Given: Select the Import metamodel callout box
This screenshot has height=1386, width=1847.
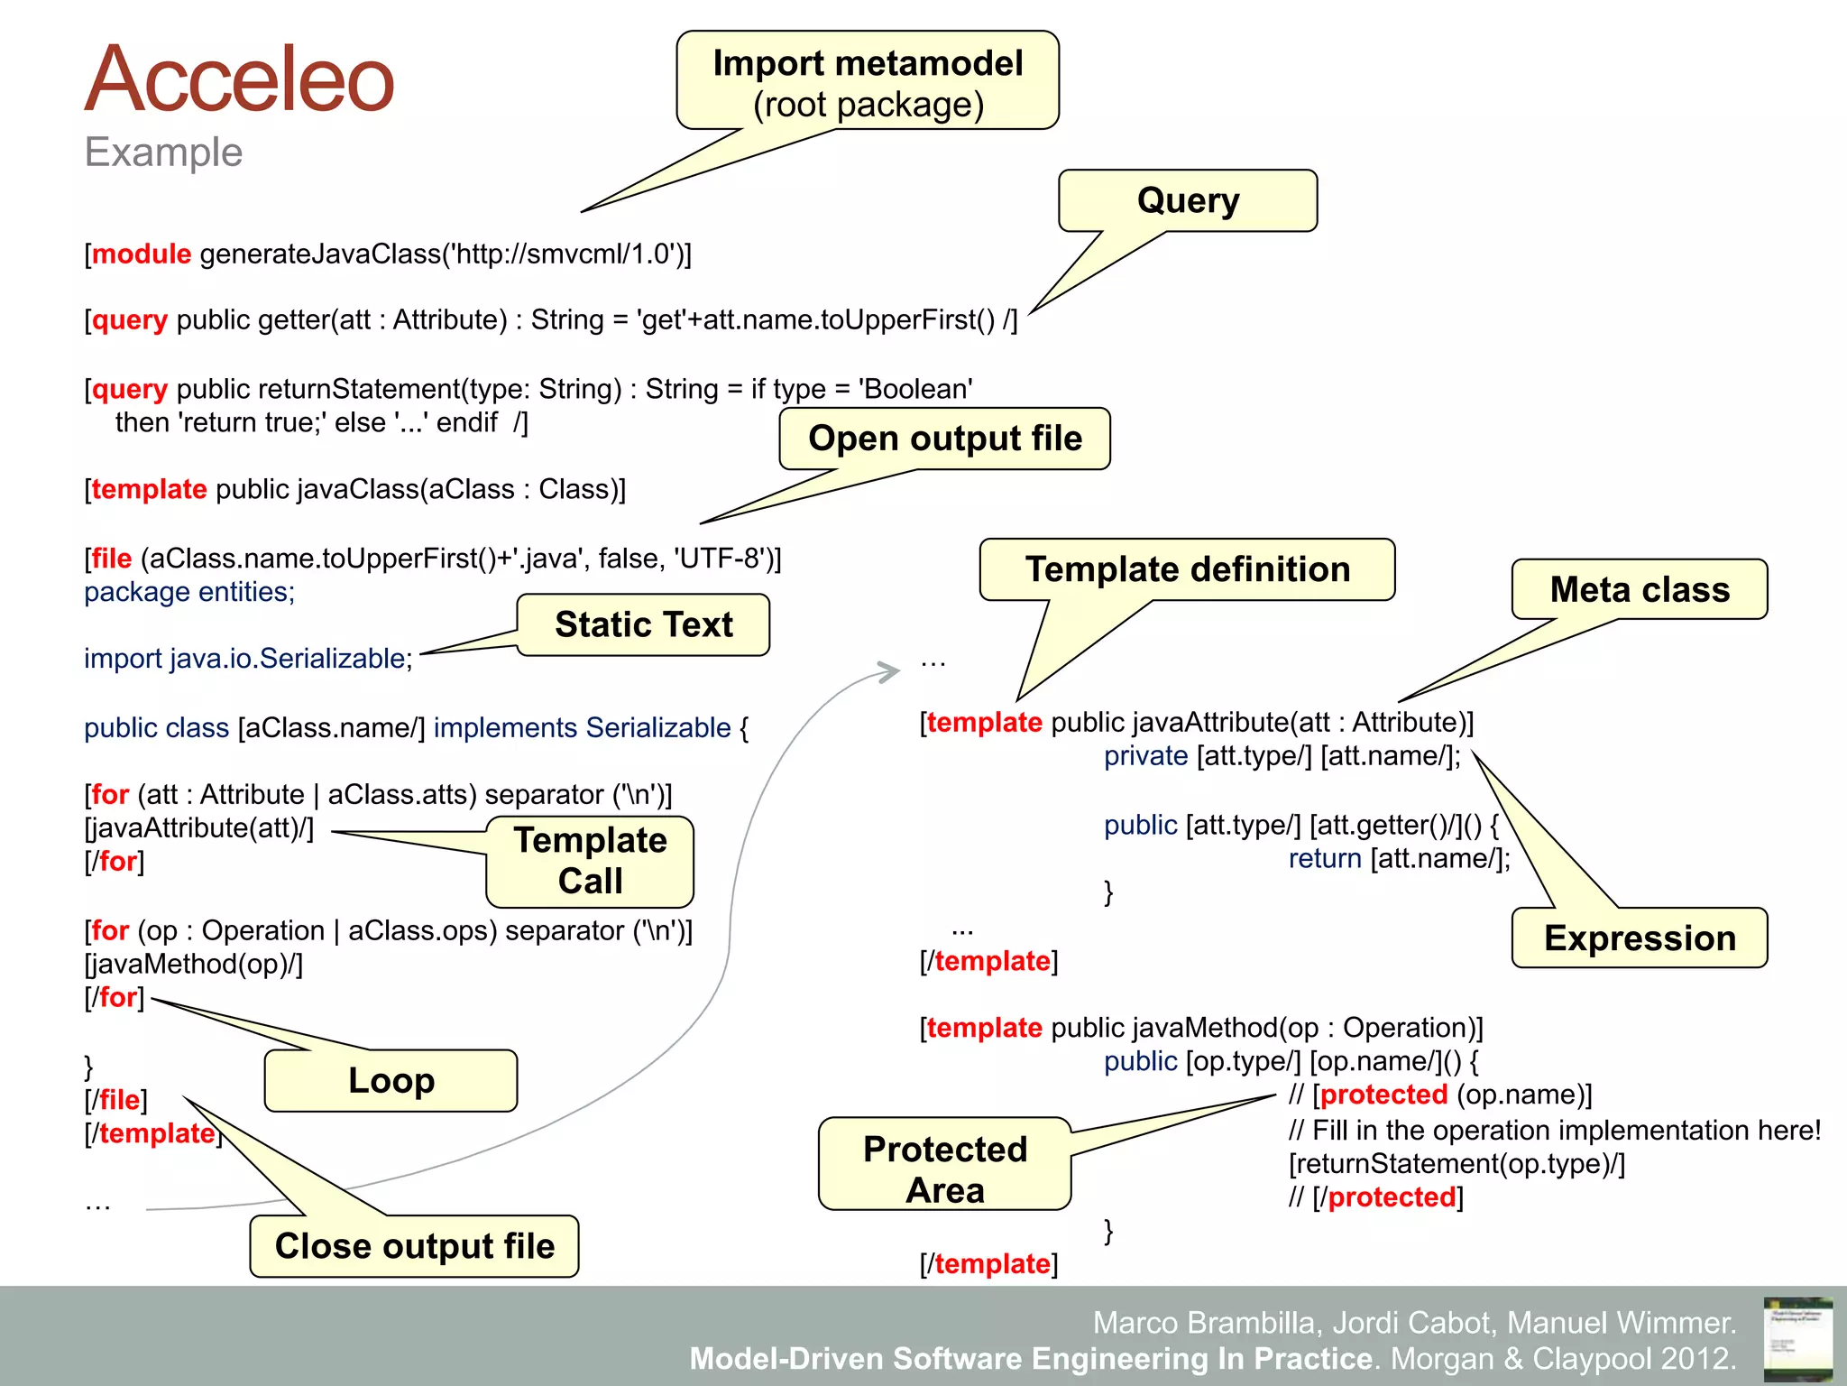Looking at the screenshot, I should [x=868, y=82].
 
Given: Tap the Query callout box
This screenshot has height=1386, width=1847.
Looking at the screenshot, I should [x=1188, y=200].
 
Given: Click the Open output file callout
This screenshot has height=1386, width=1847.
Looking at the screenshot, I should [x=944, y=439].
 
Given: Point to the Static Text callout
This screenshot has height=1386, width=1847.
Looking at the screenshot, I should [x=643, y=624].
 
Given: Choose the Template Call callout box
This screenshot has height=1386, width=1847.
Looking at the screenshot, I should [x=590, y=861].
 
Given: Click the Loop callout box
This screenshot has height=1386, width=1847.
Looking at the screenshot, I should [x=391, y=1080].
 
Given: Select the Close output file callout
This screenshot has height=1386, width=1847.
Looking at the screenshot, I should [x=414, y=1246].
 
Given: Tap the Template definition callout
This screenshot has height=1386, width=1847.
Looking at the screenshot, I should [x=1187, y=569].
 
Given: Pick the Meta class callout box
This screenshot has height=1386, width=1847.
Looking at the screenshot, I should [x=1639, y=589].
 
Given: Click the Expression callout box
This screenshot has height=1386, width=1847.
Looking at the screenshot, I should [x=1639, y=938].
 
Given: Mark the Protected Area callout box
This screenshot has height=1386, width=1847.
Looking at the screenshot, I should [x=944, y=1169].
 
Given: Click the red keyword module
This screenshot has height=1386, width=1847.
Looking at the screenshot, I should [x=142, y=254].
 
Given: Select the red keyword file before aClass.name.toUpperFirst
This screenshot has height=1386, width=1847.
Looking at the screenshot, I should [x=112, y=559].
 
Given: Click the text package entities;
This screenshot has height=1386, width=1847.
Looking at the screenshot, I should [x=189, y=592].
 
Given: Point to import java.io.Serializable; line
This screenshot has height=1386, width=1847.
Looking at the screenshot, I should [x=248, y=659].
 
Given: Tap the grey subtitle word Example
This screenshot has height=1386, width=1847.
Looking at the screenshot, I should [x=163, y=152].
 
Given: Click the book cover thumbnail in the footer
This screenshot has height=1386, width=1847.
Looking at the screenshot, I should [x=1797, y=1338].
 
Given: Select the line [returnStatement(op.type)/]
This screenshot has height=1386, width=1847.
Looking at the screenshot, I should [x=1456, y=1164].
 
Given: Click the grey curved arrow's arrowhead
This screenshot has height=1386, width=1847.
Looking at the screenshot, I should [x=891, y=670].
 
